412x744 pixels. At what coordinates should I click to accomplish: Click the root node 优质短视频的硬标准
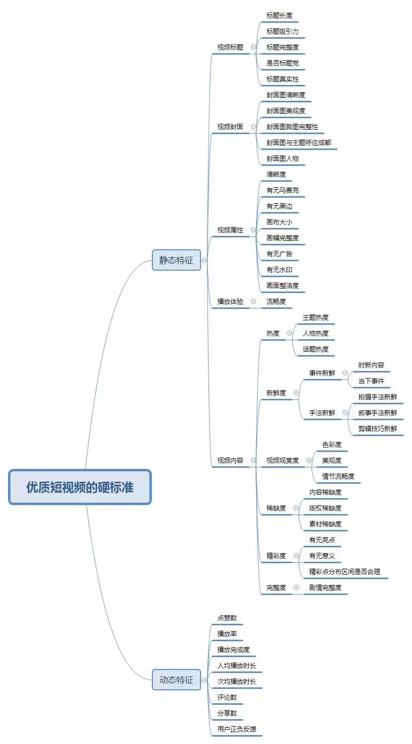[x=79, y=487]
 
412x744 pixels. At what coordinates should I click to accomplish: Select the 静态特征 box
[x=176, y=260]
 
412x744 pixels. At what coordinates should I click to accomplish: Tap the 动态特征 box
[x=176, y=680]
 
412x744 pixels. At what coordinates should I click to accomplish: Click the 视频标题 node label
[x=230, y=47]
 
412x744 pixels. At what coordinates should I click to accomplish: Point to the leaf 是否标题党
[x=282, y=63]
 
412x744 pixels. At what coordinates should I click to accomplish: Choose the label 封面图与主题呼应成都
[x=298, y=143]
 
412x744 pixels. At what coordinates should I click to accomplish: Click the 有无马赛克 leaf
[x=282, y=190]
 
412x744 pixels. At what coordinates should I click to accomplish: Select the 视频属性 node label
[x=230, y=230]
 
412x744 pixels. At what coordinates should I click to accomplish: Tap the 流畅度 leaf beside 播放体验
[x=276, y=301]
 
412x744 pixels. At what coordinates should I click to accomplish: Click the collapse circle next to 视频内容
[x=253, y=460]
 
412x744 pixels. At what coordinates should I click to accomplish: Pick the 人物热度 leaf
[x=316, y=333]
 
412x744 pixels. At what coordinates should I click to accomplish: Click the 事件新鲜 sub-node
[x=322, y=373]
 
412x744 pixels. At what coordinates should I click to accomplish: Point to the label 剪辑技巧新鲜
[x=378, y=429]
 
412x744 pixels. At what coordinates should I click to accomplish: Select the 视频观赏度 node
[x=282, y=460]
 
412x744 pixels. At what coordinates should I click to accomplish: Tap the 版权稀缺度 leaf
[x=325, y=508]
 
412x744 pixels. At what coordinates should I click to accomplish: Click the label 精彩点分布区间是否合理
[x=344, y=572]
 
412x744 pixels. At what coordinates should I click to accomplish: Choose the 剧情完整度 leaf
[x=325, y=588]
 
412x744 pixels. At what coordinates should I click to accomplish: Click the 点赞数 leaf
[x=227, y=618]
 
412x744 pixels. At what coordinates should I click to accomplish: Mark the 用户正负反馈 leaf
[x=237, y=729]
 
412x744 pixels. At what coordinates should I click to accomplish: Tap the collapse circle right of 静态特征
[x=205, y=260]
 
